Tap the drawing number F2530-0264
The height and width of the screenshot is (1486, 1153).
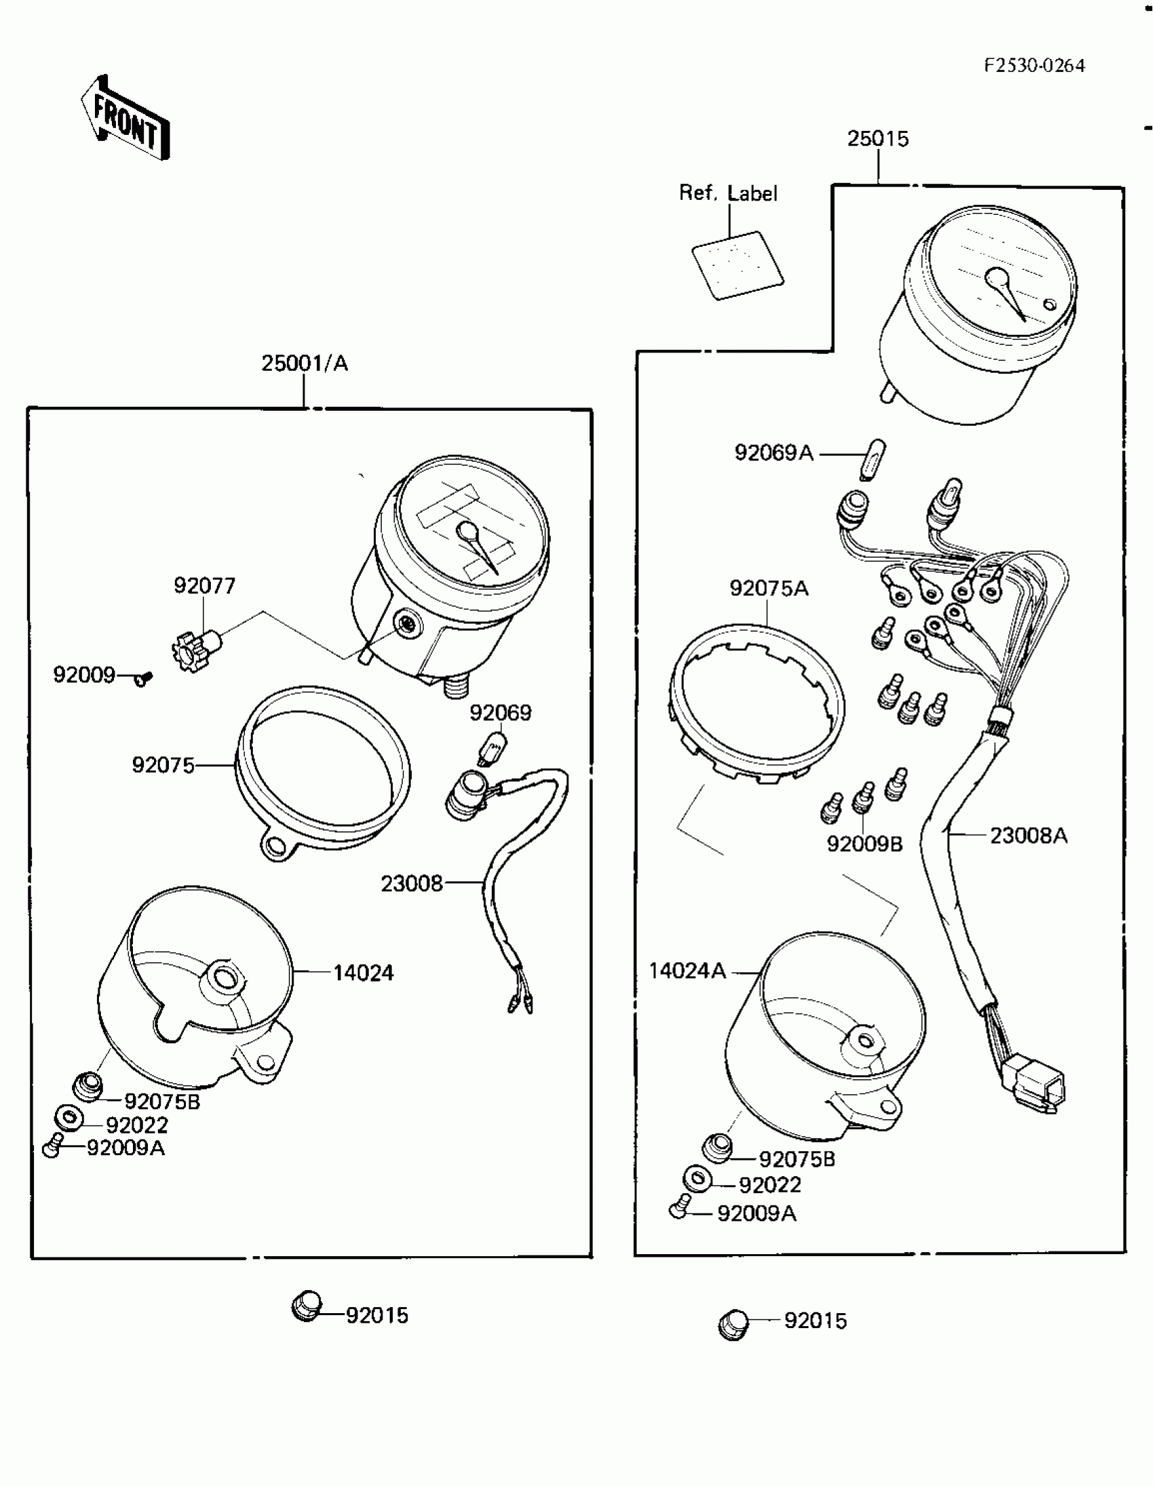click(1034, 66)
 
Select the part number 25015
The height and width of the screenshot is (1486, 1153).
click(878, 139)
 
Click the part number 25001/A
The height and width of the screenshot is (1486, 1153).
click(305, 363)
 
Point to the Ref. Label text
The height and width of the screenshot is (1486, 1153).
click(728, 193)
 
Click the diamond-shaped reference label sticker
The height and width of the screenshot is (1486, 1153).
click(738, 264)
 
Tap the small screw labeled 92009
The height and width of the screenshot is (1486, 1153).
click(144, 678)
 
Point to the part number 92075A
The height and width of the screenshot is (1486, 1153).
click(768, 588)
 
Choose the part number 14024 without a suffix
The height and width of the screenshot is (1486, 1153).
click(363, 973)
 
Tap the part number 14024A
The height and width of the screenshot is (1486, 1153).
click(687, 971)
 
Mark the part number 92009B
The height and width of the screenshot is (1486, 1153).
click(863, 845)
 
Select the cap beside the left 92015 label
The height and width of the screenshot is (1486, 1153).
click(307, 1306)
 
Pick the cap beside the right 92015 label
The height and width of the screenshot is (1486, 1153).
click(732, 1324)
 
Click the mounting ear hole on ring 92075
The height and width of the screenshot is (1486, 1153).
click(275, 847)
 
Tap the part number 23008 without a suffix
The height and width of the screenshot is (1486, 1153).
click(411, 884)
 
